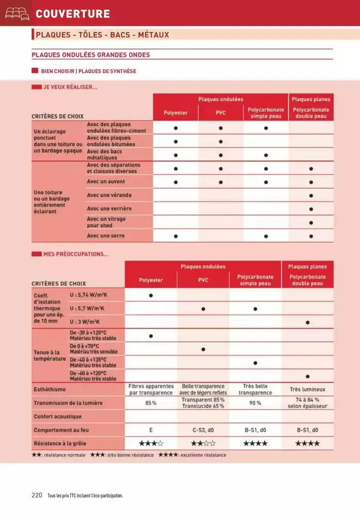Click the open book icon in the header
(x=17, y=13)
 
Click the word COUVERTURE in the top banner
(x=73, y=14)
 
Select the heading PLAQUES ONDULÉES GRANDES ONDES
(x=91, y=55)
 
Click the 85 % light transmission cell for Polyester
(x=151, y=403)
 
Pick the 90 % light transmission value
(x=255, y=403)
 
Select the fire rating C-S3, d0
(x=203, y=430)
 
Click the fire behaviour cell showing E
(x=151, y=430)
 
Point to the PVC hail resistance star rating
(x=203, y=443)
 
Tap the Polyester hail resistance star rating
(x=151, y=443)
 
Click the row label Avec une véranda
(x=109, y=195)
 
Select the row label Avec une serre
(x=105, y=236)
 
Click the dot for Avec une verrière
(x=311, y=209)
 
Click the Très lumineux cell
(x=308, y=390)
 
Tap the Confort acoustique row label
(x=58, y=416)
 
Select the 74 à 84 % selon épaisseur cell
(x=308, y=403)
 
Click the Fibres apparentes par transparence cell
(x=151, y=390)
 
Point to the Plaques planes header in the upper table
(x=311, y=99)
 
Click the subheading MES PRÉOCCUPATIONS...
(x=76, y=253)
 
